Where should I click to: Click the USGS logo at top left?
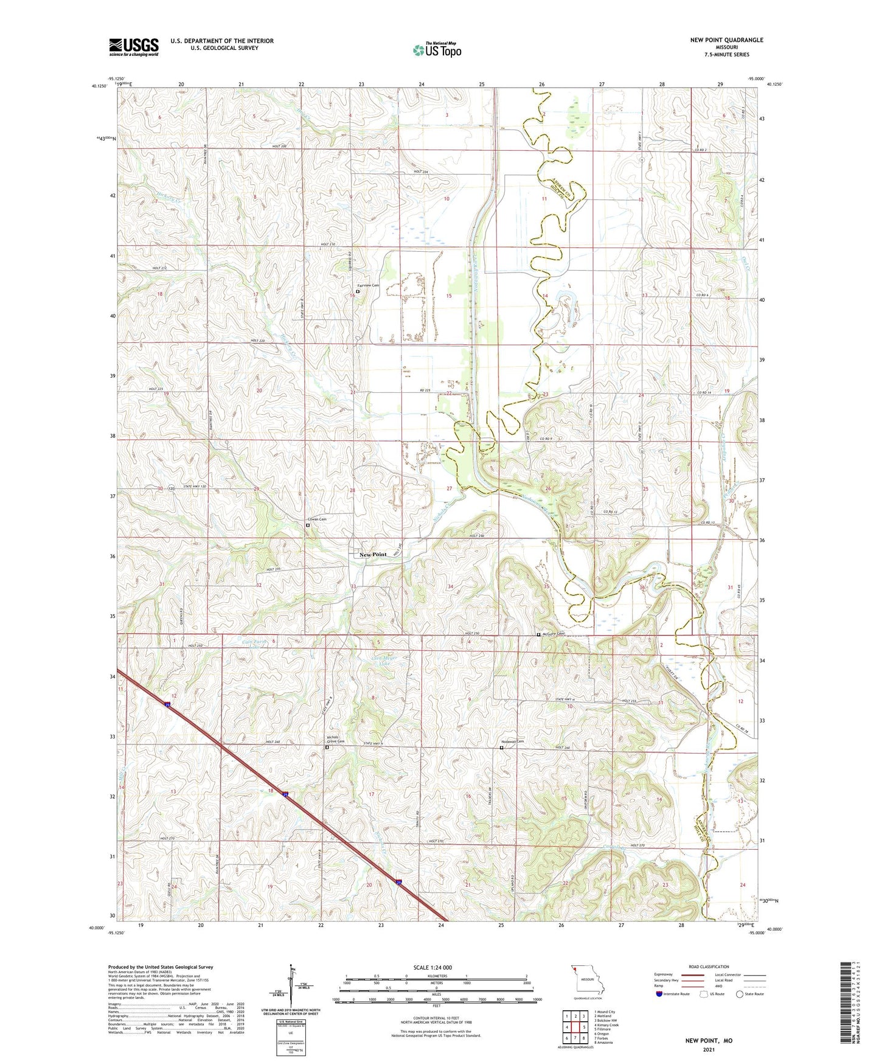(133, 47)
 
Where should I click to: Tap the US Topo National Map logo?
(436, 50)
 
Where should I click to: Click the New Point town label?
(373, 555)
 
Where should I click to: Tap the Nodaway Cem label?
(512, 741)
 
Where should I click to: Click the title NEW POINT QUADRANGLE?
(726, 40)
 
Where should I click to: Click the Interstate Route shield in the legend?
(660, 994)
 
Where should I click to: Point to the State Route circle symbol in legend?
(740, 994)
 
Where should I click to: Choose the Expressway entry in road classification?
(663, 973)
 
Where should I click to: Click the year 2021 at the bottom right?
(708, 1049)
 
